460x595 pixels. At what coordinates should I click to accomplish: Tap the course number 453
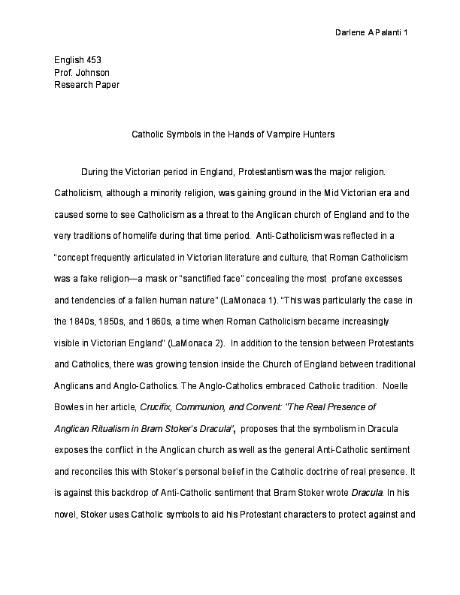(93, 59)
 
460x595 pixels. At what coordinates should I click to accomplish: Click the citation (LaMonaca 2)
(198, 343)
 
